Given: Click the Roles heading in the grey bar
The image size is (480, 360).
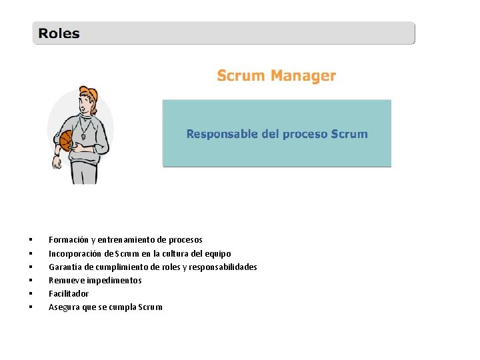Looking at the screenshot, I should [x=59, y=33].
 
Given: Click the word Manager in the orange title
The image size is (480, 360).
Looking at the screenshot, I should [x=303, y=76].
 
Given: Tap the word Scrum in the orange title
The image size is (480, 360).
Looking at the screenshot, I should [x=241, y=76].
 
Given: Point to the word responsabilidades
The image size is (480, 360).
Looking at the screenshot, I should [x=223, y=267].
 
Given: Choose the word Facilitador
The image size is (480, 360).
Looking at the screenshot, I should [x=69, y=294].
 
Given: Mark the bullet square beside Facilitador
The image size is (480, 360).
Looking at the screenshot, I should [x=31, y=294].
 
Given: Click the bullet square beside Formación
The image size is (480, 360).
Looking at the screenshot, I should [x=31, y=240].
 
